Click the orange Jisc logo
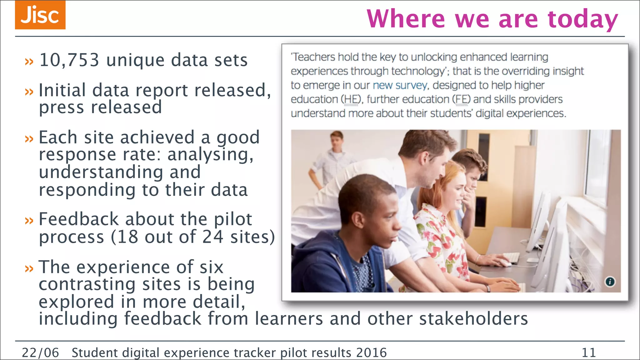[x=40, y=15]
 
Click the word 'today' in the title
[x=583, y=19]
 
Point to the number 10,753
[x=69, y=60]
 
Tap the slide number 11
[x=589, y=352]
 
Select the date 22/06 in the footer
[x=40, y=352]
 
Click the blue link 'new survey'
[x=400, y=85]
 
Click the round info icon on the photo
[x=610, y=282]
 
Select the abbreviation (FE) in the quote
[x=461, y=99]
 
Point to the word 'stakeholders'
[x=473, y=319]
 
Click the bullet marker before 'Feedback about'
[x=29, y=221]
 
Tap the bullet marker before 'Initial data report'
[x=29, y=92]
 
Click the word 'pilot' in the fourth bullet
[x=233, y=219]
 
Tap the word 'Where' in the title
[x=406, y=19]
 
